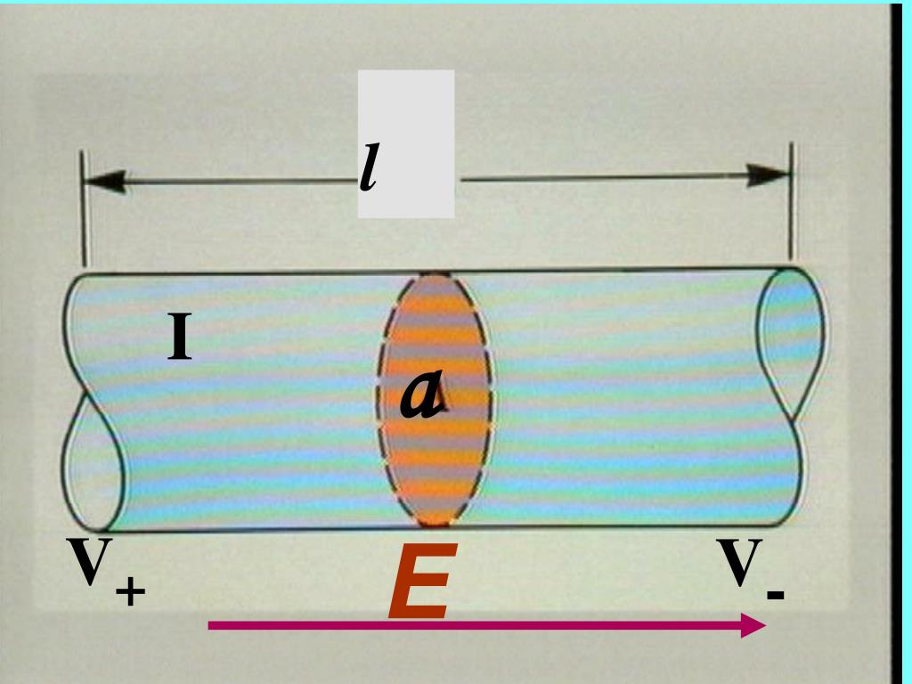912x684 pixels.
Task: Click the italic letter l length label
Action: point(369,167)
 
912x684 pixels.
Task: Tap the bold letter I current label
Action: point(179,336)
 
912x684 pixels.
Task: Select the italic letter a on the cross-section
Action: point(423,395)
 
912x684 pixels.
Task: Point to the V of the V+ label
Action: point(89,561)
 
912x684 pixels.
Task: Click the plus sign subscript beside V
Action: point(130,592)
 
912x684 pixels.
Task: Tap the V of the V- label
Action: point(738,562)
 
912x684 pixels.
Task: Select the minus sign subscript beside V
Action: point(776,595)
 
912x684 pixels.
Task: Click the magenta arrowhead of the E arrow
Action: point(753,625)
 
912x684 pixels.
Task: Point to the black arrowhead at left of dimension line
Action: point(105,182)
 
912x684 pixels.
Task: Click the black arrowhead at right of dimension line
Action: point(768,175)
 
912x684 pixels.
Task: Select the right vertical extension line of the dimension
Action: point(792,201)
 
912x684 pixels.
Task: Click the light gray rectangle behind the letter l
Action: point(406,143)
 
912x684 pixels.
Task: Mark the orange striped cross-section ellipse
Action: point(435,399)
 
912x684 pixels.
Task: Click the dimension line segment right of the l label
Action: point(605,177)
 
